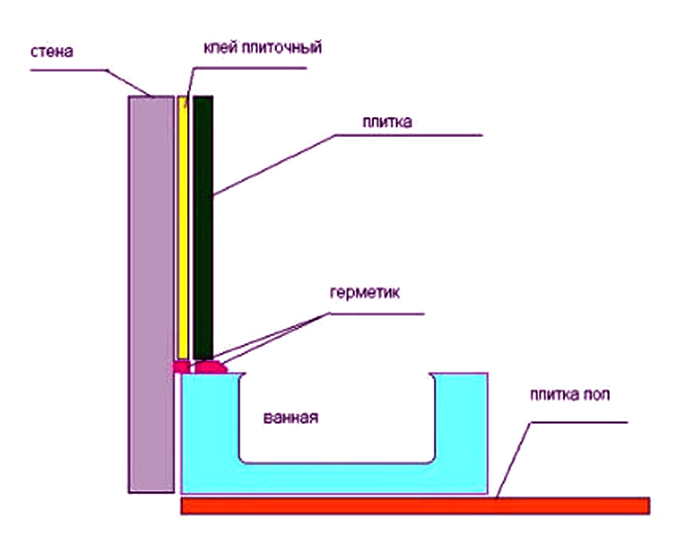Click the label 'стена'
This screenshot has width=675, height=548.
coord(53,53)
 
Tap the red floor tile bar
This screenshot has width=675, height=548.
coord(414,506)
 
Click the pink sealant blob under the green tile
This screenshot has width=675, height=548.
coord(210,367)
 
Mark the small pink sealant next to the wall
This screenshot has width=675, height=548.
coord(181,366)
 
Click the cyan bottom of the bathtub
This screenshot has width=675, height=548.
coord(334,478)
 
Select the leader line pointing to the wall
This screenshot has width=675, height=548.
coord(127,81)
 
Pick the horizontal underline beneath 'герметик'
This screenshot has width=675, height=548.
coord(374,313)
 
